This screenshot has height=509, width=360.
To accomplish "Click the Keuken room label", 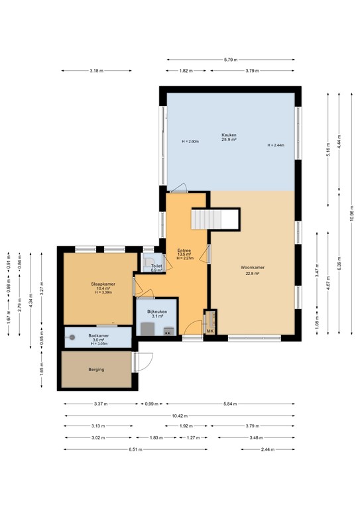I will point(229,135).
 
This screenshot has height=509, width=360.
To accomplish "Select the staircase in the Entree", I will point(214,219).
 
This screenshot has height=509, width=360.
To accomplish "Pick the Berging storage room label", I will point(96,369).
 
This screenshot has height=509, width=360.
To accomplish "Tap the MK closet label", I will point(210,330).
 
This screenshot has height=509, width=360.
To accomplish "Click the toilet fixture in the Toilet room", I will point(151,260).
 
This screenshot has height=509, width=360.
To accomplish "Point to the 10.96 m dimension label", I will point(352,212).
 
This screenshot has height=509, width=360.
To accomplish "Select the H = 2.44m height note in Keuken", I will point(276,145).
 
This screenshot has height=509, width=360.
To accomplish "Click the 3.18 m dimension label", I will point(96,70).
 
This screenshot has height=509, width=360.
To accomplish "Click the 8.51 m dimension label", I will point(136,449).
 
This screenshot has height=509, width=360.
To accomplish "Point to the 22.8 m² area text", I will point(252,273).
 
